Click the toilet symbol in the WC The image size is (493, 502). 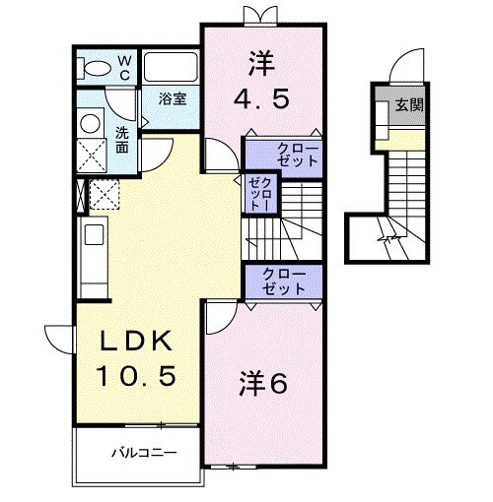pos(97,68)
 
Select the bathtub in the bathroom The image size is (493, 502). pos(171,68)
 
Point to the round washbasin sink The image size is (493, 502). pos(90,123)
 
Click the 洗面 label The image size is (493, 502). pos(122,140)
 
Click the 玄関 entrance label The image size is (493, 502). pos(410,105)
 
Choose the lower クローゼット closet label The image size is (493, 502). pos(286,281)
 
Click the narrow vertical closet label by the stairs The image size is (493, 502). pos(259,195)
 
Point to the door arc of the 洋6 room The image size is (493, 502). pos(219,315)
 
